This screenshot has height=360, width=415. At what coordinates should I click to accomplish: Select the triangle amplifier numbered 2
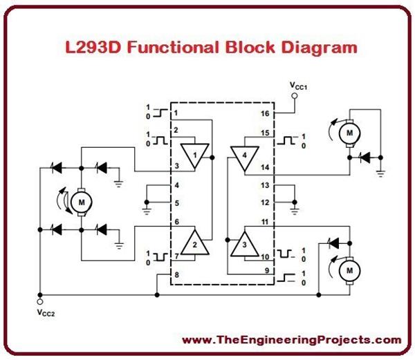click(194, 242)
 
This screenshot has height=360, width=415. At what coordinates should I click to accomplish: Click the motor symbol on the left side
click(82, 202)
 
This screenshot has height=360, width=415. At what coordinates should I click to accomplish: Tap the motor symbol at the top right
click(350, 131)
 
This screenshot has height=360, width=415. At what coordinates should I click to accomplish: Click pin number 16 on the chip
click(264, 113)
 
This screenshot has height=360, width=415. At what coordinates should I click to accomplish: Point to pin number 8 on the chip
click(176, 274)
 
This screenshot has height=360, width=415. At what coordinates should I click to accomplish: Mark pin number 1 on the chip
click(176, 112)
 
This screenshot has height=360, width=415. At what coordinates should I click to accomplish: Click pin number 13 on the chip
click(264, 185)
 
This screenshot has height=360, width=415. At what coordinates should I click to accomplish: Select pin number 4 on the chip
click(176, 185)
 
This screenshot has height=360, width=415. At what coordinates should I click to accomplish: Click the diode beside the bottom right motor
click(335, 242)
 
